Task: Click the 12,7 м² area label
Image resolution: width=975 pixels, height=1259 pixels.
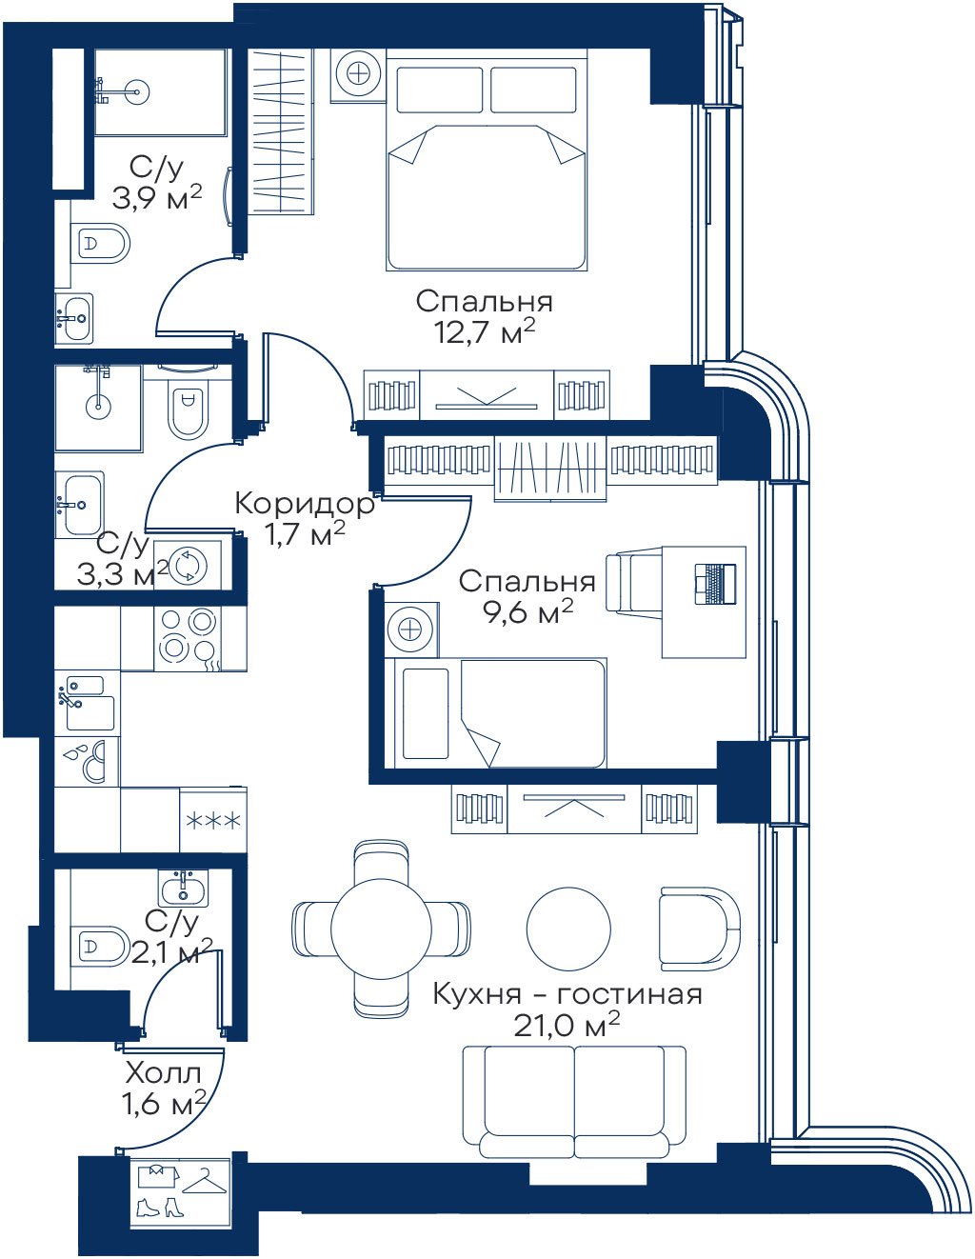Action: [x=484, y=333]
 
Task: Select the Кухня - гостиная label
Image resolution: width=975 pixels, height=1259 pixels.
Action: [x=567, y=994]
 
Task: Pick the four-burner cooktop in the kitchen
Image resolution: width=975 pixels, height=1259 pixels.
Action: [x=188, y=638]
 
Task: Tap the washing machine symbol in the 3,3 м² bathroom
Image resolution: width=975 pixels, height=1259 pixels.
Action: [x=189, y=566]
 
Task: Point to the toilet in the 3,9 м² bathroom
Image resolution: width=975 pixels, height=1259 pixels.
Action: [x=101, y=244]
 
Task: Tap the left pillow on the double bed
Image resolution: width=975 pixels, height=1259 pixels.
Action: [x=440, y=90]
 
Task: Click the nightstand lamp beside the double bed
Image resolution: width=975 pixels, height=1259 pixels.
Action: [x=359, y=74]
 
